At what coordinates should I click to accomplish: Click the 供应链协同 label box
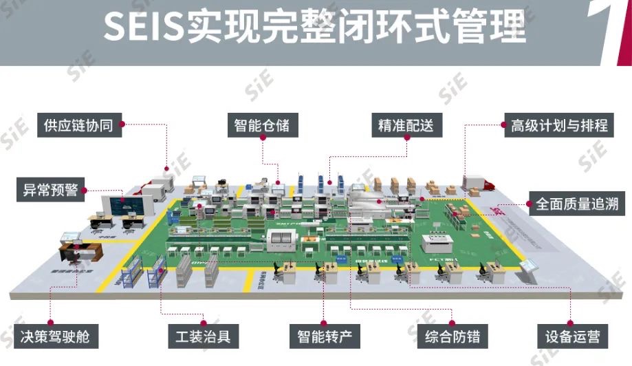[78, 125]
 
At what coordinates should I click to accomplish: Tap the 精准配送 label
[406, 125]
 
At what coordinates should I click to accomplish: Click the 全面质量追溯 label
[576, 204]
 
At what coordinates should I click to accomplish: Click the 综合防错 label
[452, 336]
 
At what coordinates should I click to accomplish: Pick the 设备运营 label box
[572, 336]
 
